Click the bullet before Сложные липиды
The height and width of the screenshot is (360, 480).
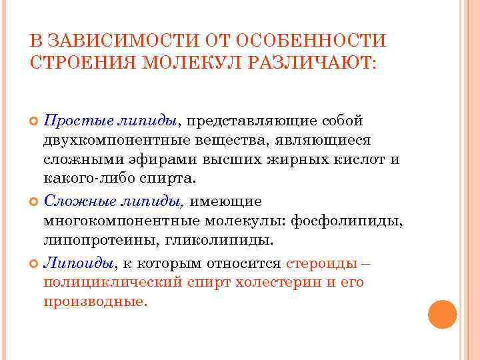click(35, 201)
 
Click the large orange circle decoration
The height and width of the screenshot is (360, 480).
click(441, 314)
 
